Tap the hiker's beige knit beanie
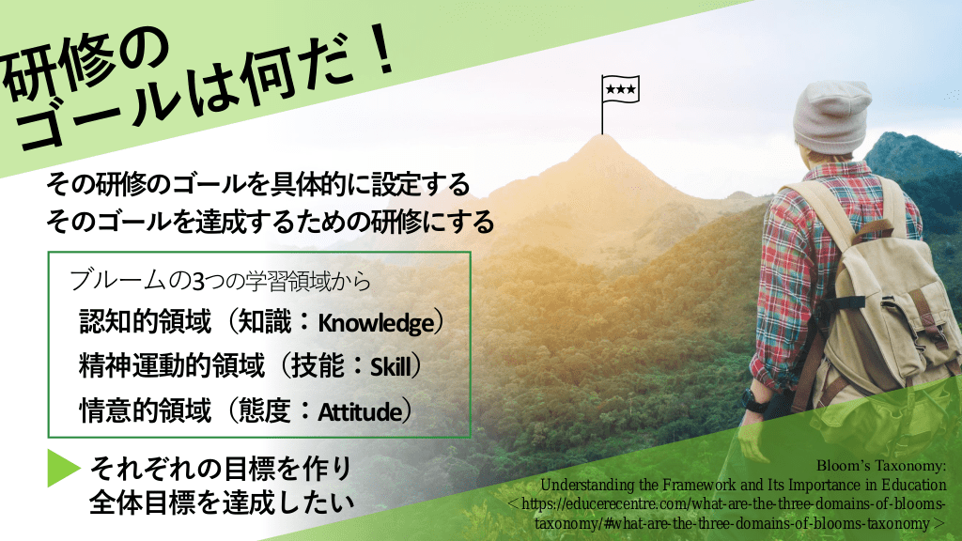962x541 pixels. [x=831, y=117]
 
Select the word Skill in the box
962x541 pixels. [x=390, y=367]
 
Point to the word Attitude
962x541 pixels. [x=360, y=411]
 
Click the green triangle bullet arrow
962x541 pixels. [x=64, y=468]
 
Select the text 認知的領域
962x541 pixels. [x=146, y=321]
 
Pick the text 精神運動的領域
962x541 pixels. [x=172, y=365]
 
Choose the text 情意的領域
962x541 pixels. [x=146, y=410]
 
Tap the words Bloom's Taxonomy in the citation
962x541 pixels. [x=881, y=466]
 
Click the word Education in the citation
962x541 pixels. [x=914, y=485]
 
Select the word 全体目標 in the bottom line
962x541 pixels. [x=144, y=503]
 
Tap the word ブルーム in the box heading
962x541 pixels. [x=117, y=281]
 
